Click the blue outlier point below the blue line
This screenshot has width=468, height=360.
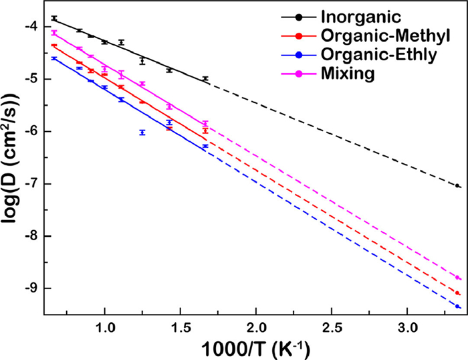click(142, 132)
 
